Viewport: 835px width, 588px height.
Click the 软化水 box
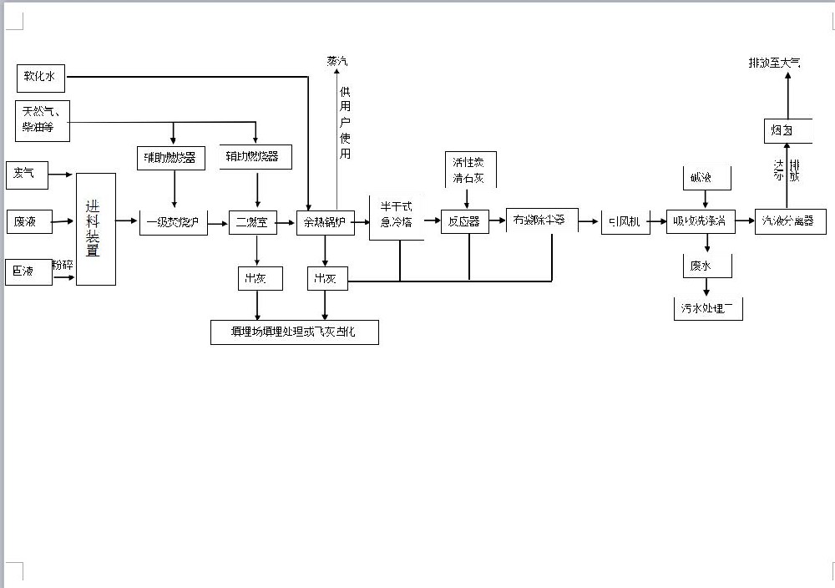(41, 78)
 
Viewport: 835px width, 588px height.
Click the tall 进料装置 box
(95, 228)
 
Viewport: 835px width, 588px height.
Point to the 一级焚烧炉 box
(174, 222)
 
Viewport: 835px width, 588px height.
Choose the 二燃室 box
(253, 222)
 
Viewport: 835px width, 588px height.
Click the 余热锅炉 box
(325, 222)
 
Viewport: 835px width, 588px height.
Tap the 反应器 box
(464, 221)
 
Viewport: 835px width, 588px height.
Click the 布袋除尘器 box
(539, 220)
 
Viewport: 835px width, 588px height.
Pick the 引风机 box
(625, 221)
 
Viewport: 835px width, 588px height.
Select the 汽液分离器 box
(790, 221)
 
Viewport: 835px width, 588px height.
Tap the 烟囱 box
(782, 129)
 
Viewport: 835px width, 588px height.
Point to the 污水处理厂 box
(707, 308)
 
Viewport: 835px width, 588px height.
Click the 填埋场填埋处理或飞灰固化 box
(294, 332)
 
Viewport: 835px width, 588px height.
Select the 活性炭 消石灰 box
(468, 169)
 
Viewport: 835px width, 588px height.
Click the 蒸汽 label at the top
(337, 62)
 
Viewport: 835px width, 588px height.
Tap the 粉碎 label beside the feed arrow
(63, 265)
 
